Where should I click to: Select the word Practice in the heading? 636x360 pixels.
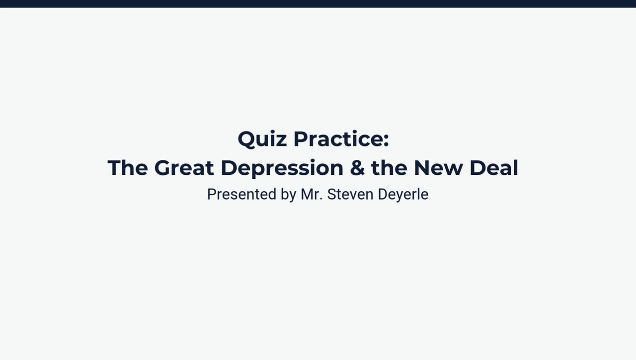coord(338,139)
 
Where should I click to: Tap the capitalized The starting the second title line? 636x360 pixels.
coord(128,168)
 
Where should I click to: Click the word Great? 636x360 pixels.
coord(184,168)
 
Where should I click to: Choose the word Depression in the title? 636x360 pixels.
coord(282,169)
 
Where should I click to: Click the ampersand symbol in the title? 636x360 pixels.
coord(357,168)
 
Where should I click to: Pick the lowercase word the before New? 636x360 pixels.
coord(390,168)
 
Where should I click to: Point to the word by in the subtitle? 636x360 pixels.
coord(289,195)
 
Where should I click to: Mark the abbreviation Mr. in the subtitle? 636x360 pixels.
coord(312,194)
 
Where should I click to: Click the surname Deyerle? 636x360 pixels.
coord(403,195)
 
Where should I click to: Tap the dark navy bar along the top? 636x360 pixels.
coord(318,3)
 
